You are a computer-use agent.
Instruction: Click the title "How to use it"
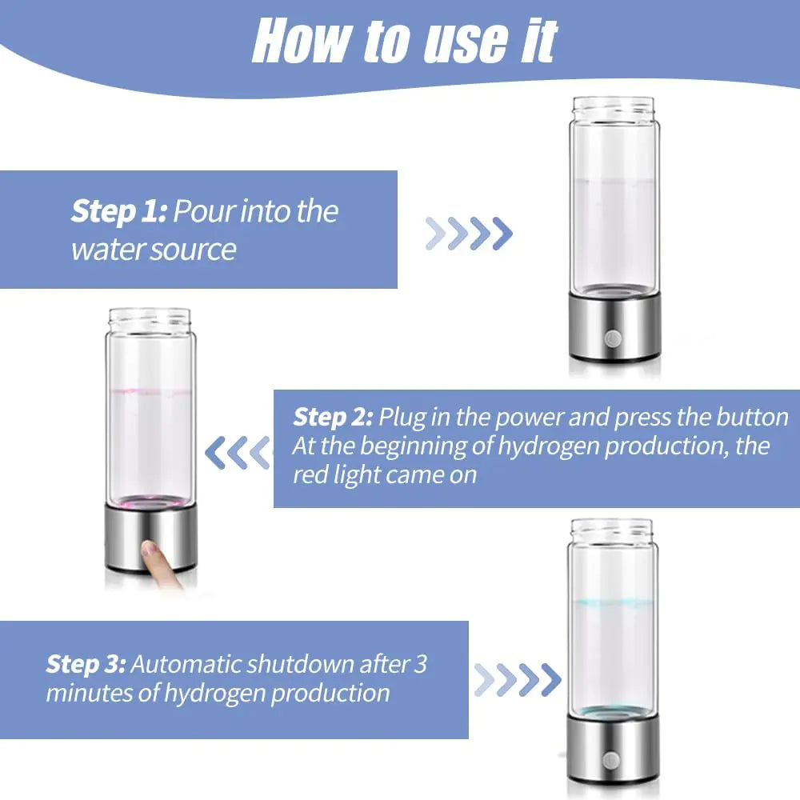pos(404,42)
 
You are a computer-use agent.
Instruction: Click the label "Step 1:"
pos(118,212)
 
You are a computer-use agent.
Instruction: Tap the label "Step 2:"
pos(333,418)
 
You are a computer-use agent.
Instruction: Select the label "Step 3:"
pos(86,664)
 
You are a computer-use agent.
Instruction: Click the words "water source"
pos(154,250)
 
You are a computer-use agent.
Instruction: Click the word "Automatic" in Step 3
pos(188,664)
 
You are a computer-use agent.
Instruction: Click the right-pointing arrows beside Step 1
pos(469,233)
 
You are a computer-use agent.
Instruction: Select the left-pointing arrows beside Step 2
pos(238,453)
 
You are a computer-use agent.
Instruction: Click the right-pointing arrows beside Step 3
pos(517,680)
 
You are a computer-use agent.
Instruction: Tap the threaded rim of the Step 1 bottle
pos(614,107)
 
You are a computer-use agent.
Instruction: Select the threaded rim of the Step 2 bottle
pos(151,319)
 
